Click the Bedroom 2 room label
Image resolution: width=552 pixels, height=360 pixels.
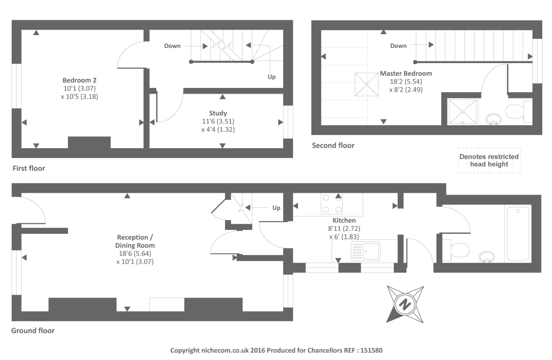[x=79, y=80]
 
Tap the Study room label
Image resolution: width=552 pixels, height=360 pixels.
[x=218, y=113]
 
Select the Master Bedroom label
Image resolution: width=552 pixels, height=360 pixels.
[x=406, y=73]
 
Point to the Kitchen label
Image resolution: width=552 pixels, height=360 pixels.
[x=344, y=220]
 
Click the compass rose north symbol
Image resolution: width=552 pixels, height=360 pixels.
[x=405, y=304]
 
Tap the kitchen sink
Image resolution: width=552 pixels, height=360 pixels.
[x=366, y=251]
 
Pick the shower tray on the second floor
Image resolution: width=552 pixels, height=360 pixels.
[x=462, y=112]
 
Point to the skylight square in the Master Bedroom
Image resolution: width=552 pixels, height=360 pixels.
[x=366, y=84]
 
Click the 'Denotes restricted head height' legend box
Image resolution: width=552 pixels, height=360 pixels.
[x=489, y=160]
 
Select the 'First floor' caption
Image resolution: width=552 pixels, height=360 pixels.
[x=29, y=168]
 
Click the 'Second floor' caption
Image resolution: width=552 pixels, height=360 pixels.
[x=333, y=146]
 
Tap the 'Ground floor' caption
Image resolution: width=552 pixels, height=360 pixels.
[x=33, y=331]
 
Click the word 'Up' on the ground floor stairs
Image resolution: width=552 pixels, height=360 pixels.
[x=276, y=208]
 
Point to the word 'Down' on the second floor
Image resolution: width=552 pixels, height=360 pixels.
[x=398, y=46]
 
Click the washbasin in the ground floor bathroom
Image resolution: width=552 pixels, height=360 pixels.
[x=487, y=257]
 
